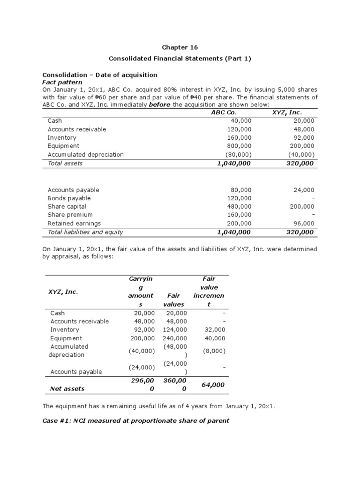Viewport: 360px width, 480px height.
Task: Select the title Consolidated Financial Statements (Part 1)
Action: pyautogui.click(x=180, y=59)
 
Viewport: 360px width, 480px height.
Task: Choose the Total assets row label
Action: pyautogui.click(x=65, y=163)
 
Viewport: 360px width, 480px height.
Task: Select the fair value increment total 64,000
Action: pyautogui.click(x=213, y=384)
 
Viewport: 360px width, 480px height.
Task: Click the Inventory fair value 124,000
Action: pyautogui.click(x=175, y=330)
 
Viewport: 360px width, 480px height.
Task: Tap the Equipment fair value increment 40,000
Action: pyautogui.click(x=215, y=338)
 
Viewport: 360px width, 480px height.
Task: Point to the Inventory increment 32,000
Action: pyautogui.click(x=215, y=330)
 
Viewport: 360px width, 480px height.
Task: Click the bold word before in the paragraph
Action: pyautogui.click(x=160, y=104)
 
